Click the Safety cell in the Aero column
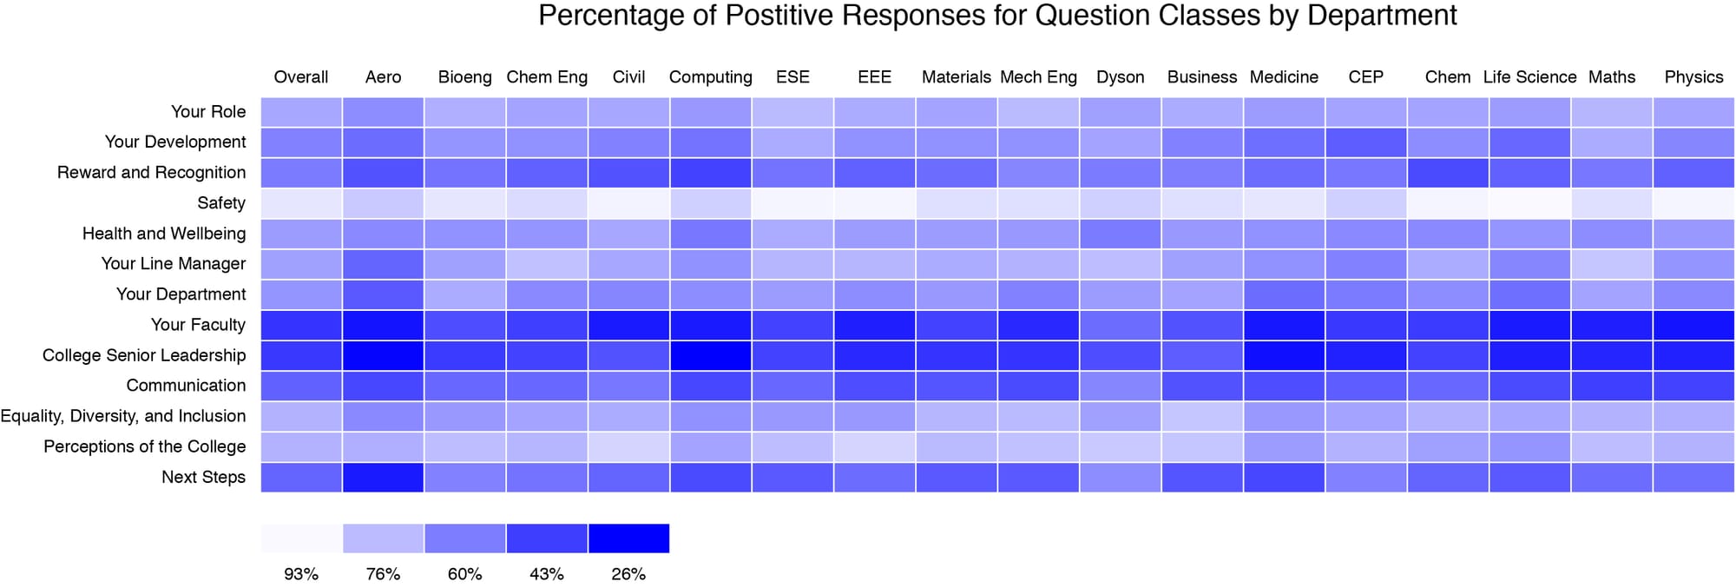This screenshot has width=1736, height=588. pyautogui.click(x=383, y=202)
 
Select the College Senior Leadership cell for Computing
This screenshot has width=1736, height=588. pyautogui.click(x=710, y=354)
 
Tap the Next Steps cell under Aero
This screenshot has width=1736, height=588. pyautogui.click(x=383, y=477)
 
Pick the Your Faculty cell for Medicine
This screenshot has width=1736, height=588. pyautogui.click(x=1284, y=324)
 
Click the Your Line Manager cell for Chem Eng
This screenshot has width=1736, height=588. pyautogui.click(x=547, y=263)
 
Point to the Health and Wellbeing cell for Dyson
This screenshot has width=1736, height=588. pyautogui.click(x=1120, y=233)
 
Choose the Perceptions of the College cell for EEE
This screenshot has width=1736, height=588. pyautogui.click(x=874, y=446)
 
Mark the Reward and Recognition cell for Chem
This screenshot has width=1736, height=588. pyautogui.click(x=1448, y=172)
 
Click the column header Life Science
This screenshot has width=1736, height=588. pyautogui.click(x=1529, y=77)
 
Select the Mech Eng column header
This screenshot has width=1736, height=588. pyautogui.click(x=1038, y=77)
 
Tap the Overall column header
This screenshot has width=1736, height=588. pyautogui.click(x=300, y=77)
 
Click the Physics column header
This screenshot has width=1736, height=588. pyautogui.click(x=1693, y=77)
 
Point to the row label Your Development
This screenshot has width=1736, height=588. pyautogui.click(x=175, y=142)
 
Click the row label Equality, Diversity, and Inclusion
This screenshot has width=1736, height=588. pyautogui.click(x=123, y=416)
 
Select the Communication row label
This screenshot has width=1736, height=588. pyautogui.click(x=186, y=386)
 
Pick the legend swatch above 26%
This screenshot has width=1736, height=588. pyautogui.click(x=628, y=538)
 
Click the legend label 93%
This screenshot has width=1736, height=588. pyautogui.click(x=300, y=574)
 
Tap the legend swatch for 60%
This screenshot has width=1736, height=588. pyautogui.click(x=464, y=538)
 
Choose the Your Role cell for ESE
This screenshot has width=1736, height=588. pyautogui.click(x=792, y=111)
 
